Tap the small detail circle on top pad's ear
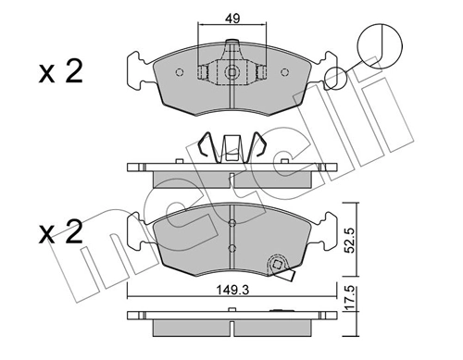point(337,80)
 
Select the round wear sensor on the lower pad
point(275,265)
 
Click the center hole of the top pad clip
point(231,71)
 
